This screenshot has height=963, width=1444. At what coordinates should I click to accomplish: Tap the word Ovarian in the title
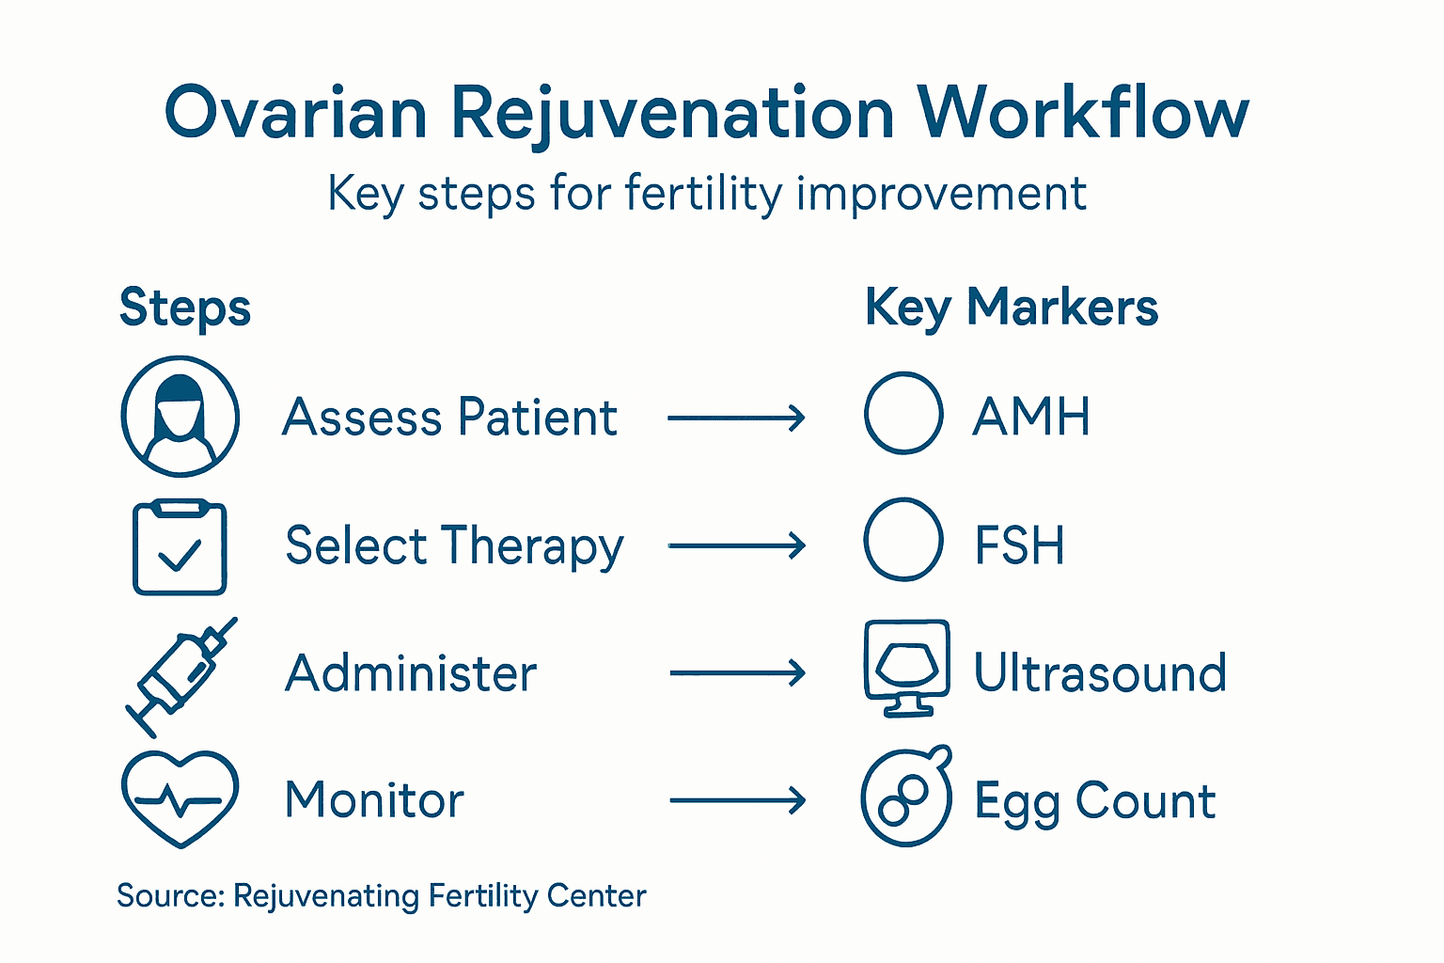tap(296, 114)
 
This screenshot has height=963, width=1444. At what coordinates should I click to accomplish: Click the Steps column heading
tap(185, 308)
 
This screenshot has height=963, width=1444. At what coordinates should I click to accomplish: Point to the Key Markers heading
tap(1012, 308)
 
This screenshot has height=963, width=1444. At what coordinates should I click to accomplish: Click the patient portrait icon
tap(180, 416)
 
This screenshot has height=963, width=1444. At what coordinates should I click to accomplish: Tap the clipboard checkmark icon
tap(180, 547)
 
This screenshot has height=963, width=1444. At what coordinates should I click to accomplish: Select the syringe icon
tap(181, 675)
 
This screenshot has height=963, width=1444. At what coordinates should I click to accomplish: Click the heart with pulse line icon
tap(180, 798)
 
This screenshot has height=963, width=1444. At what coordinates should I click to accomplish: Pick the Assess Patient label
tap(449, 418)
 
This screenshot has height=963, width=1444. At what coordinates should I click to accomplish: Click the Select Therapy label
tap(454, 546)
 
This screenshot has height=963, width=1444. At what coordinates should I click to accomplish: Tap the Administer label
tap(411, 673)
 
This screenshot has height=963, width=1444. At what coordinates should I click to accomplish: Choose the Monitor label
tap(374, 800)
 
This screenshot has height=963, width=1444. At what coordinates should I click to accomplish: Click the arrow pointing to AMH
tap(736, 418)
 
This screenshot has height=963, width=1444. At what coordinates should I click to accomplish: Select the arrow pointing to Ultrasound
tap(737, 673)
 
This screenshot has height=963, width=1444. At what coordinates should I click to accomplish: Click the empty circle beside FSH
tap(903, 540)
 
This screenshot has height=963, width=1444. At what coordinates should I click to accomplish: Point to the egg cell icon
tap(906, 797)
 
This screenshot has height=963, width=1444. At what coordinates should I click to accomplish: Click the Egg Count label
tap(1095, 802)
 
